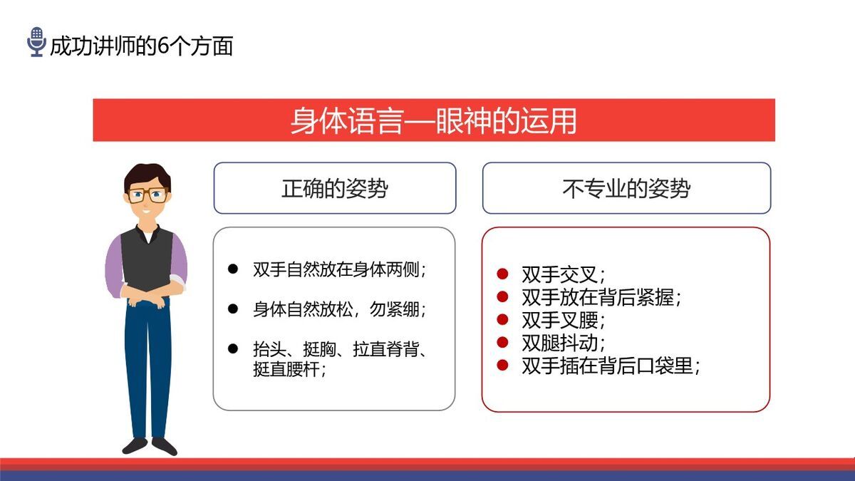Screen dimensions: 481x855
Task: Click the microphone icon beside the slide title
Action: (36, 42)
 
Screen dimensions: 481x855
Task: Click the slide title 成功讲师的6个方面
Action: (141, 46)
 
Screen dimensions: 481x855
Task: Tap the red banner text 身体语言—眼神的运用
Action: (433, 120)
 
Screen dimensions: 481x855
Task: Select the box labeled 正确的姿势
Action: (334, 188)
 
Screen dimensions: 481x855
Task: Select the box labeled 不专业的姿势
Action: (626, 188)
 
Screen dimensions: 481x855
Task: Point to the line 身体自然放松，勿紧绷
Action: (339, 310)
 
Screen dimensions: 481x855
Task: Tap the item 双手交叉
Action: (563, 275)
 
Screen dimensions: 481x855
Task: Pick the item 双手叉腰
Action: (563, 320)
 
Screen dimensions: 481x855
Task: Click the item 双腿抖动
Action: (563, 343)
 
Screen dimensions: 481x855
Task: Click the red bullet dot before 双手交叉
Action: (502, 274)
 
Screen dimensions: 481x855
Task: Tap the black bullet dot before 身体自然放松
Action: (232, 309)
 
